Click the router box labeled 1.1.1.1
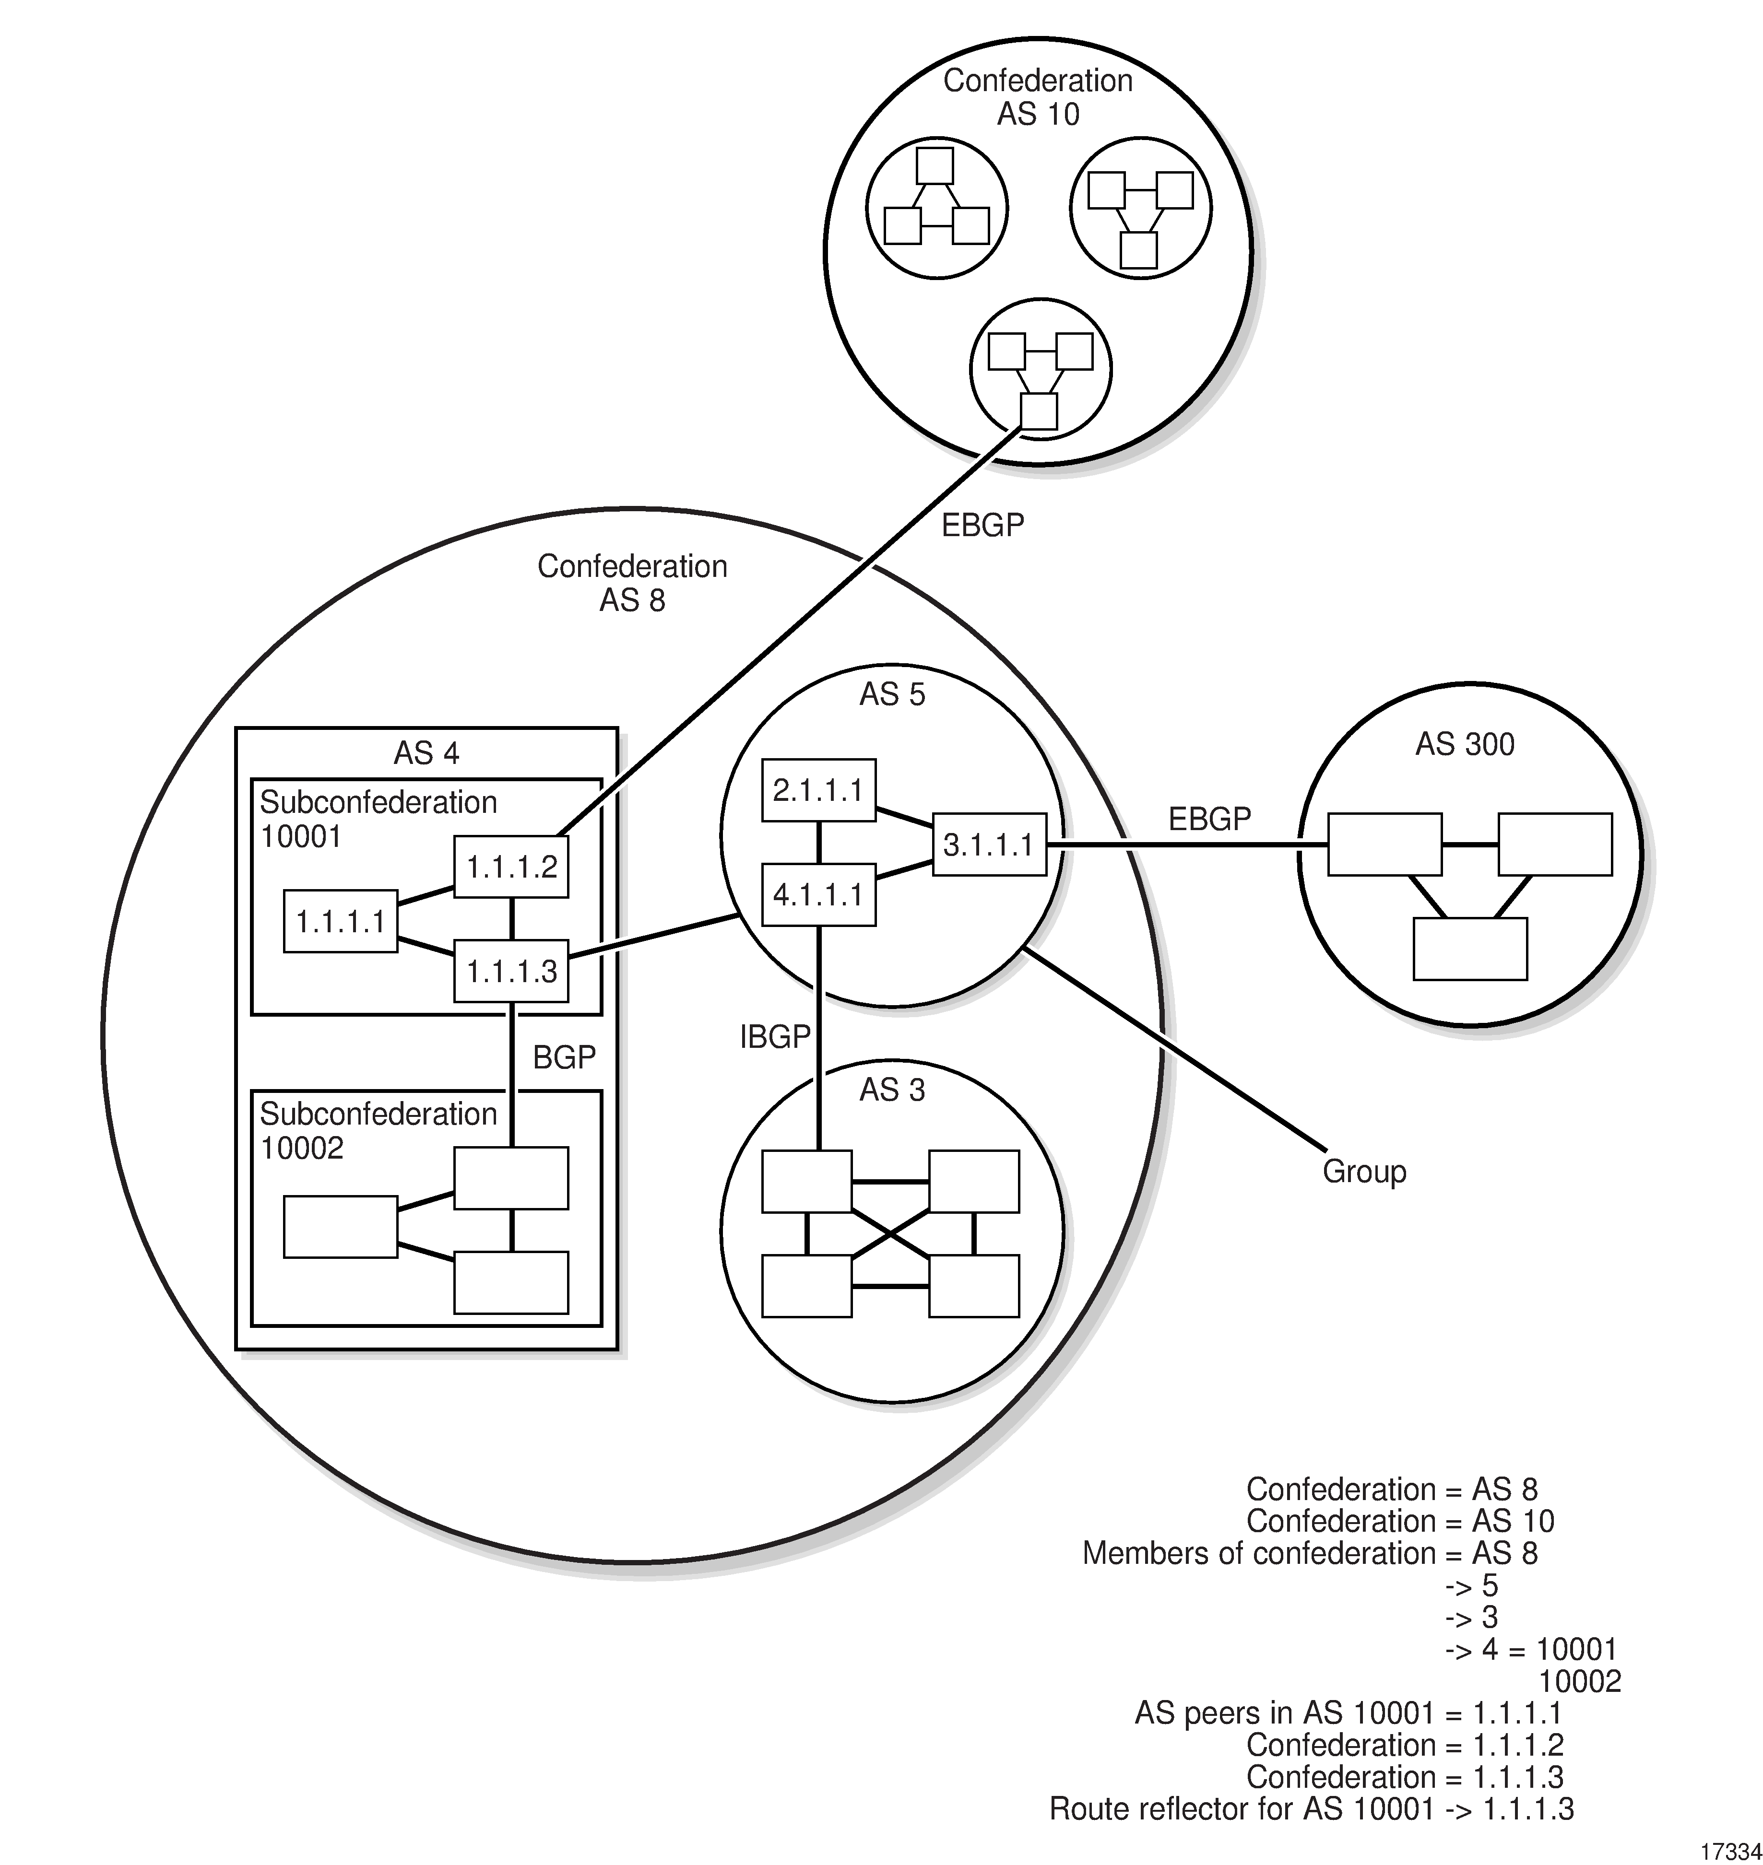pyautogui.click(x=340, y=922)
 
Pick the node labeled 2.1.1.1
pyautogui.click(x=818, y=790)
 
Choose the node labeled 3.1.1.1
pyautogui.click(x=989, y=845)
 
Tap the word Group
pyautogui.click(x=1363, y=1172)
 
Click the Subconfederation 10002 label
pyautogui.click(x=378, y=1130)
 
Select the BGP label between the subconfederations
pyautogui.click(x=564, y=1058)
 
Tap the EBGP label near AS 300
pyautogui.click(x=1209, y=819)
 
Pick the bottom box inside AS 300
pyautogui.click(x=1470, y=949)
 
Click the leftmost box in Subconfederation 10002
pyautogui.click(x=340, y=1226)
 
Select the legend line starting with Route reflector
pyautogui.click(x=1311, y=1808)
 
